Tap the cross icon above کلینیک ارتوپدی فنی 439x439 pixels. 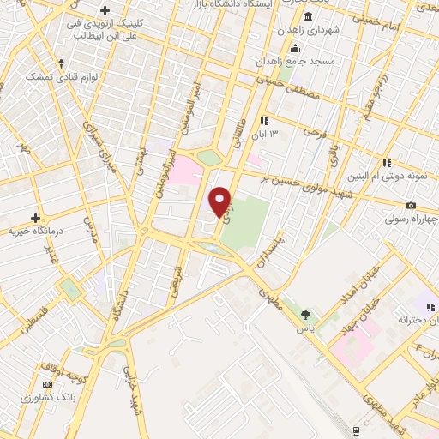pyautogui.click(x=105, y=10)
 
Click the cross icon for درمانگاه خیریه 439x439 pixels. pyautogui.click(x=35, y=218)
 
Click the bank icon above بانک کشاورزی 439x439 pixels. pyautogui.click(x=46, y=385)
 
